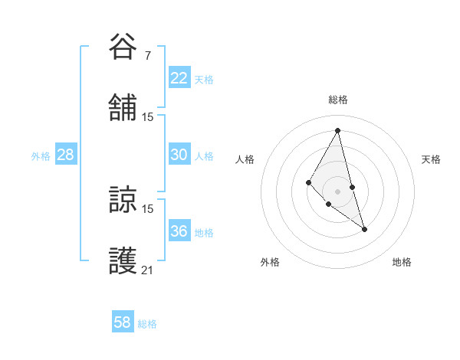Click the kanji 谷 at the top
coord(123,47)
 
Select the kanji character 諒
coord(123,200)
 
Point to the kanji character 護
coord(123,260)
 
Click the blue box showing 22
coord(179,77)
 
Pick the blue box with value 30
coord(179,155)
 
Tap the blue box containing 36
coord(179,231)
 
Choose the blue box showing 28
coord(65,155)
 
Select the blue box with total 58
coord(122,322)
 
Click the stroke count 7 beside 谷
coord(147,55)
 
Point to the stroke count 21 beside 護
coord(148,270)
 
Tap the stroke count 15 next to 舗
coord(148,116)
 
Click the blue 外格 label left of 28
coord(41,156)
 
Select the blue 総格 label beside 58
coord(147,324)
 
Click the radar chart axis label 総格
coord(337,100)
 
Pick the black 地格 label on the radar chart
coord(402,262)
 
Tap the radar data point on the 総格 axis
coord(337,130)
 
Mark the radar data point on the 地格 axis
coord(364,229)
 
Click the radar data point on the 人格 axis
coord(308,182)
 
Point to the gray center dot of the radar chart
coord(337,191)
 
